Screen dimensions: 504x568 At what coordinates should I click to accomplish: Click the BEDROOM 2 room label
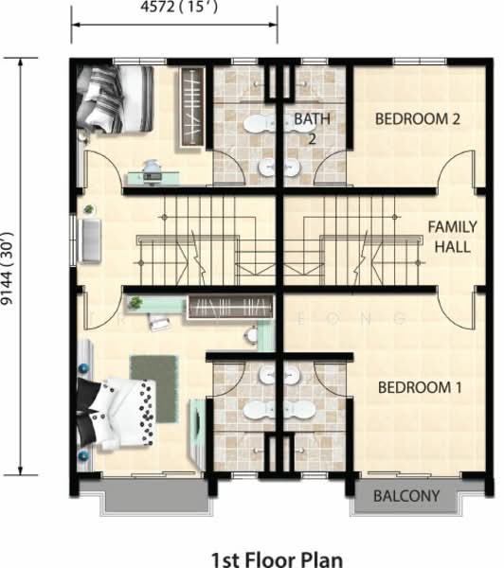click(x=418, y=119)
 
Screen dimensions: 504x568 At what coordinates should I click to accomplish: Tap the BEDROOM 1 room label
click(x=420, y=387)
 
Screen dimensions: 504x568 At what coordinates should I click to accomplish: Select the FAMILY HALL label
click(x=453, y=237)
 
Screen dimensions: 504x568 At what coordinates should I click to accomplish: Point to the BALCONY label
click(x=406, y=495)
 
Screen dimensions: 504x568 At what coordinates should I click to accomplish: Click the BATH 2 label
click(x=312, y=128)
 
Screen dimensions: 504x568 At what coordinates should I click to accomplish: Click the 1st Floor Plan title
click(x=277, y=559)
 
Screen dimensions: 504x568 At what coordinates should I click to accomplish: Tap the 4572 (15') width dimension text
click(x=179, y=8)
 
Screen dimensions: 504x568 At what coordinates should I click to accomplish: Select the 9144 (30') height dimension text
click(x=8, y=268)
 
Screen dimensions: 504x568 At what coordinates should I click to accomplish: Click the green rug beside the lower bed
click(x=154, y=388)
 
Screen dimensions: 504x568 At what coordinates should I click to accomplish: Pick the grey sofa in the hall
click(x=91, y=240)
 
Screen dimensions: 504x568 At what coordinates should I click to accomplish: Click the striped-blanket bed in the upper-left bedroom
click(x=115, y=98)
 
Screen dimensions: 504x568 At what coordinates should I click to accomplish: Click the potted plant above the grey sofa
click(x=89, y=209)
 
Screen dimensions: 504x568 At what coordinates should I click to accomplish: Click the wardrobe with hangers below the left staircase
click(x=230, y=308)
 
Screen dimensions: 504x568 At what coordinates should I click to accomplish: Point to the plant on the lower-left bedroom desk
click(x=135, y=303)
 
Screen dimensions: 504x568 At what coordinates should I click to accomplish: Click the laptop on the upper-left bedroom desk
click(x=153, y=177)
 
